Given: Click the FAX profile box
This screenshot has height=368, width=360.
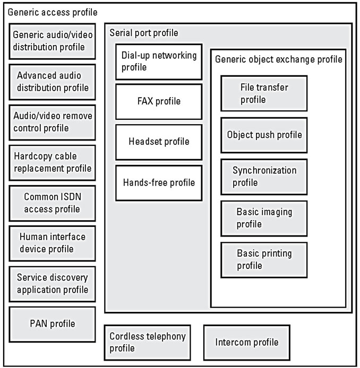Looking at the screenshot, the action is coord(159,102).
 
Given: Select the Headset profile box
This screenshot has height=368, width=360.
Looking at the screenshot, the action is coord(159,142).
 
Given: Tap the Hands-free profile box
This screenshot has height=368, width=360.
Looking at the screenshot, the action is coord(159,183).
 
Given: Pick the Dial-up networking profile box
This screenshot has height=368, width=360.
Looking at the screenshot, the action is coord(159,62).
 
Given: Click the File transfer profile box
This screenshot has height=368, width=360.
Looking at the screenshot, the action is coord(264,93).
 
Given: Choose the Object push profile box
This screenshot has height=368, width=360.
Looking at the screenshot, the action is coord(264,135).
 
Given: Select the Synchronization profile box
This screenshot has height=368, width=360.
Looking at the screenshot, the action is coord(264,177).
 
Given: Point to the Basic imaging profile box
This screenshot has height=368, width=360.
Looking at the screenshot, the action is coord(264,218).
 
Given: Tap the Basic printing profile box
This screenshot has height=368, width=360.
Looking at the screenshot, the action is coord(264,260).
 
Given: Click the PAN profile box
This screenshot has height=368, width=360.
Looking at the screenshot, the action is coord(52,325).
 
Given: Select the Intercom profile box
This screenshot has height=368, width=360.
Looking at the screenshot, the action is coord(247,343).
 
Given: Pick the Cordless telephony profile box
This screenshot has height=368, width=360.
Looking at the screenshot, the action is coord(147,343).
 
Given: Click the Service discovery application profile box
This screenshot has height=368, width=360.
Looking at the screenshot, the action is coord(52,284).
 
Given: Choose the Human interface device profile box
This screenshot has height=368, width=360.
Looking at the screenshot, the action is coord(52,243).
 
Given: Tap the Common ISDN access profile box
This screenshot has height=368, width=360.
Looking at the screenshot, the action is coord(52,203).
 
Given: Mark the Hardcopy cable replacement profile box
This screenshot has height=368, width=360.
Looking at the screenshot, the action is coord(52,163).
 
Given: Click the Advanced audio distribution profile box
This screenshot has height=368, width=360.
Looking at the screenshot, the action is coord(52,82).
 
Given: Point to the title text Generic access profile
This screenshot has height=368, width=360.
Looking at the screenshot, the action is coord(53,12).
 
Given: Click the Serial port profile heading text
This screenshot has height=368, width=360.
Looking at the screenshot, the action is coord(144,33).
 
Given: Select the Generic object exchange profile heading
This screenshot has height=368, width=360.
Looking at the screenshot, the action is coord(278,59).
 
